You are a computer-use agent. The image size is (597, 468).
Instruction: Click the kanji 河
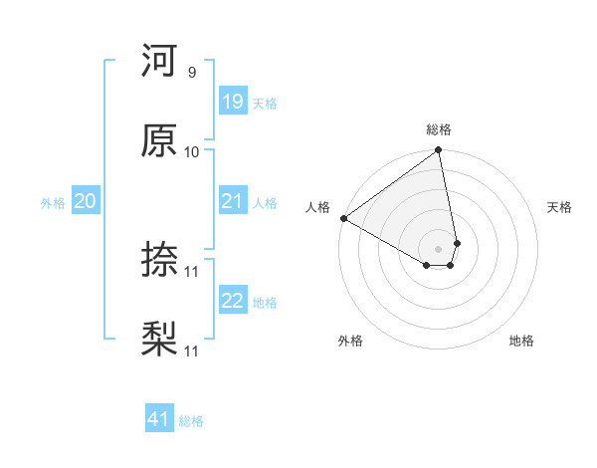159,63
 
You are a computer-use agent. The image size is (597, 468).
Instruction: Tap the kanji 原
159,140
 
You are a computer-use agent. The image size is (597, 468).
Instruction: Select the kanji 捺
159,261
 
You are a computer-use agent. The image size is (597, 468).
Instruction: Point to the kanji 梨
159,340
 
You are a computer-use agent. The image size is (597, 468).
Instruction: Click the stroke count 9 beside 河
191,73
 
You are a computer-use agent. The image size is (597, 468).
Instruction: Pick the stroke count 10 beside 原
192,151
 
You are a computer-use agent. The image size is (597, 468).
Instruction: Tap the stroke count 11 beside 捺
192,271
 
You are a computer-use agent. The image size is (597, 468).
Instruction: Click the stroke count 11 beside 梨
192,351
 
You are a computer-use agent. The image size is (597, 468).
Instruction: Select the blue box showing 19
233,102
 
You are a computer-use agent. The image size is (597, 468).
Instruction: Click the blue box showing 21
233,201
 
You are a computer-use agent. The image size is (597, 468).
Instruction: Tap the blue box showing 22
233,301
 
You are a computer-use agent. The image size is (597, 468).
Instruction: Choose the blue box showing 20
85,201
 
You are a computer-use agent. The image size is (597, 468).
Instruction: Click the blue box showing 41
159,419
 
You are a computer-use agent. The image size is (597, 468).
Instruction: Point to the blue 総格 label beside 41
191,421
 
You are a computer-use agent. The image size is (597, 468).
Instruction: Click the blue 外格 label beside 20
53,203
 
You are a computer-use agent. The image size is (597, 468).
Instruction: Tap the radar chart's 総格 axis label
439,129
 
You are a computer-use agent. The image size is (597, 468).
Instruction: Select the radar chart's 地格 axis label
521,341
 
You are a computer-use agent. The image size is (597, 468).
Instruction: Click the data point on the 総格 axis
439,151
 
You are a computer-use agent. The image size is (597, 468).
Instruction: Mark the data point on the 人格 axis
343,218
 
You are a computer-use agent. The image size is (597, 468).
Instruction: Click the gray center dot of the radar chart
439,248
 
